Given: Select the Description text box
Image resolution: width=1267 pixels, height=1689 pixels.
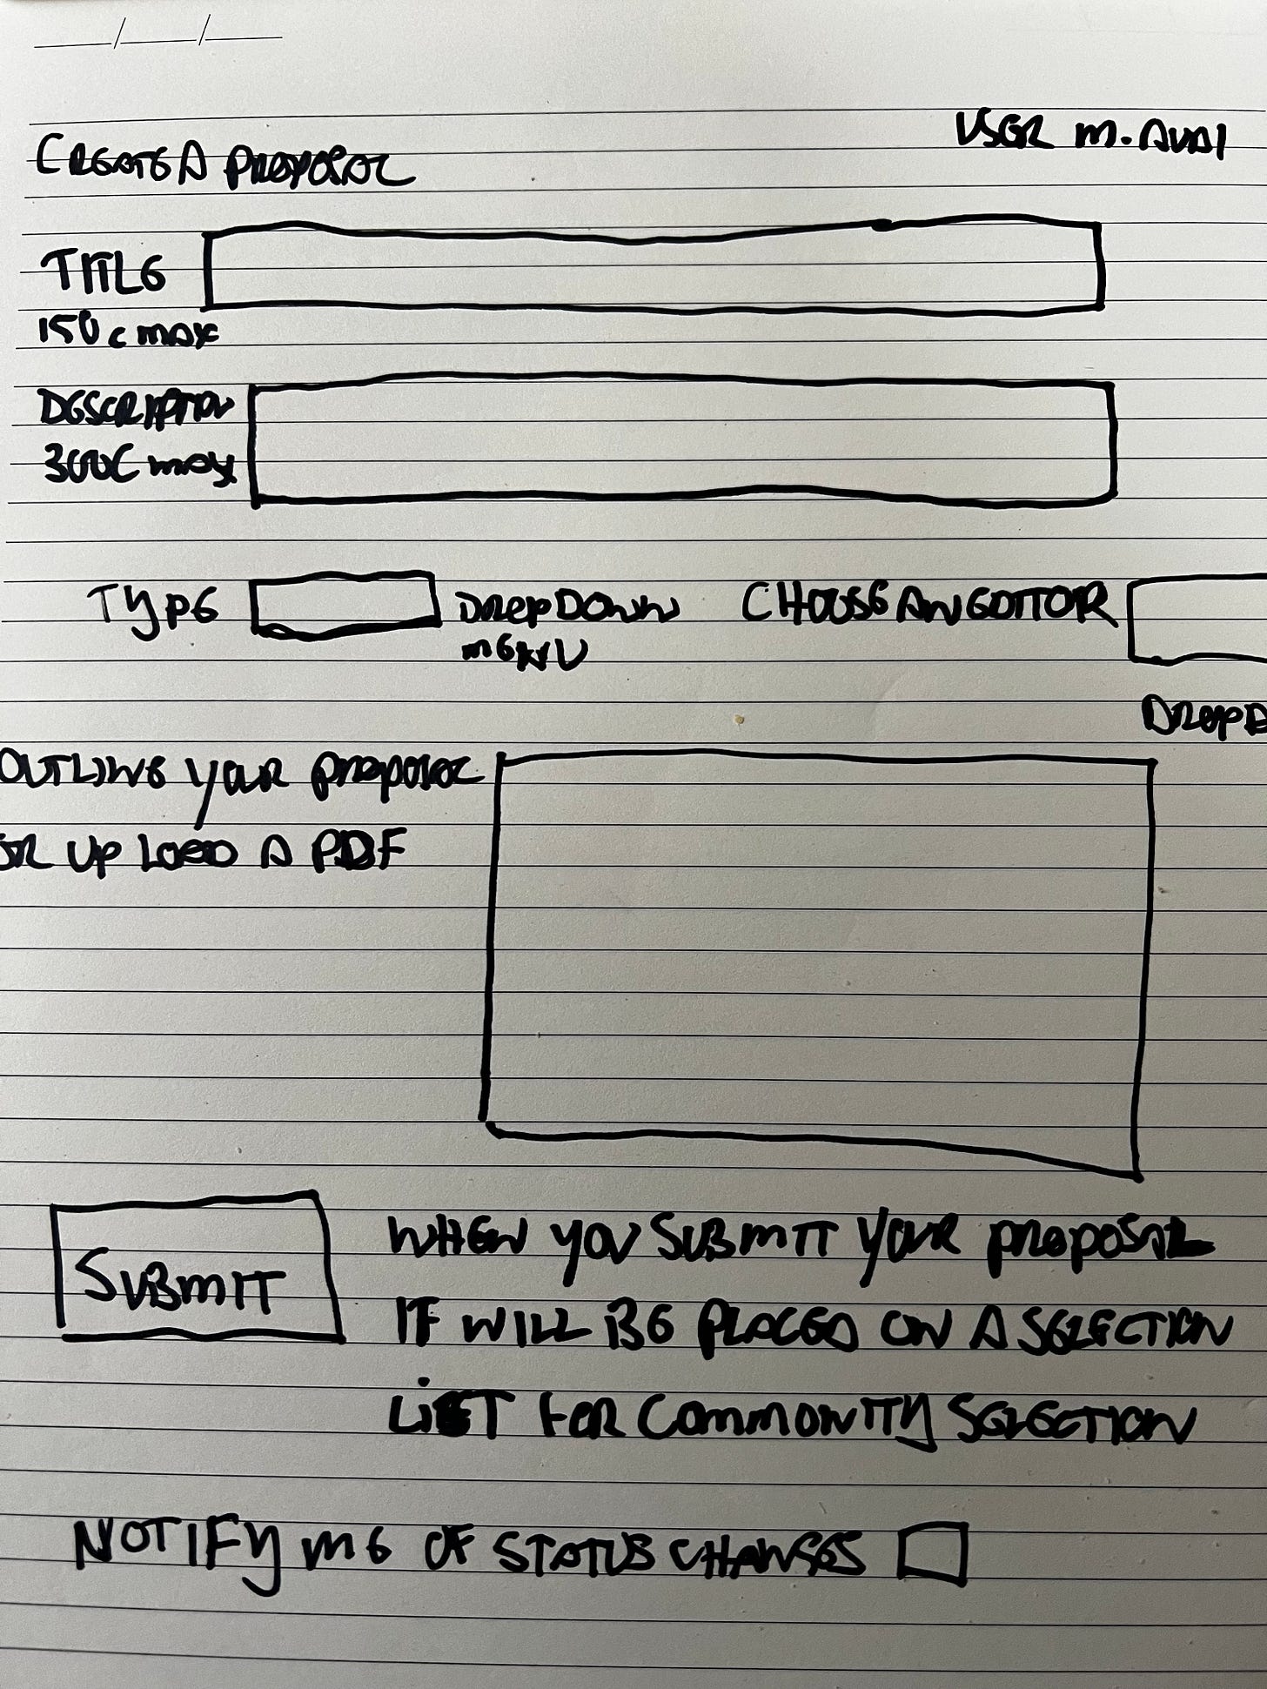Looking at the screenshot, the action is point(684,444).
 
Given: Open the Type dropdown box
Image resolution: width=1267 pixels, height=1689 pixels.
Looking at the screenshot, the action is point(345,602).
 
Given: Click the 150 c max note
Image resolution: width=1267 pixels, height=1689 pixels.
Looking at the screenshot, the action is point(127,331).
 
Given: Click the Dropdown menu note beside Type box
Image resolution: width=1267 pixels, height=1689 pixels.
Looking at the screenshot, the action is point(566,627).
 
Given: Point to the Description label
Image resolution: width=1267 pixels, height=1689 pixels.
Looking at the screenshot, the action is point(136,408).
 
